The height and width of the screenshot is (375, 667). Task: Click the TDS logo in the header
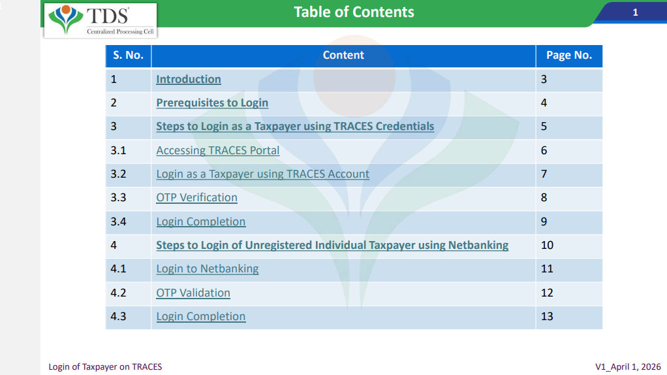click(x=101, y=20)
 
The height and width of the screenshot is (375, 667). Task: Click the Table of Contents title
click(x=354, y=12)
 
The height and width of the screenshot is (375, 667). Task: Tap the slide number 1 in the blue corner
click(x=635, y=12)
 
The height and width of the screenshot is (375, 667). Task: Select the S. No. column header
click(x=128, y=56)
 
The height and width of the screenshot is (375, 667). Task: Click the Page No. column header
click(x=569, y=56)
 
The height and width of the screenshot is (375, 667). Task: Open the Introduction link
click(x=189, y=79)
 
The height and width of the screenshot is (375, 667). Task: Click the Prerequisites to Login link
click(x=212, y=103)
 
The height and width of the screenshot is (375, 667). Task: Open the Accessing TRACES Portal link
click(x=218, y=150)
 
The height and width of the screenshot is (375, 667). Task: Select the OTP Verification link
click(x=196, y=197)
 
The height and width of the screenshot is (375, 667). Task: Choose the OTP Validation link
click(x=193, y=293)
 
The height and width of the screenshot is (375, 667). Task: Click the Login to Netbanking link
click(x=207, y=269)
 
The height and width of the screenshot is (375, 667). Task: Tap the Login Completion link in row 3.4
click(x=201, y=221)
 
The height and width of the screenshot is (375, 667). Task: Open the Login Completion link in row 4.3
click(x=201, y=316)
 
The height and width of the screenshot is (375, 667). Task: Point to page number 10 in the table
click(x=547, y=245)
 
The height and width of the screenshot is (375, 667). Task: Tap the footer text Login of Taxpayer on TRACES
click(x=105, y=367)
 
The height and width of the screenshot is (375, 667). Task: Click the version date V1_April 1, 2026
click(x=628, y=367)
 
